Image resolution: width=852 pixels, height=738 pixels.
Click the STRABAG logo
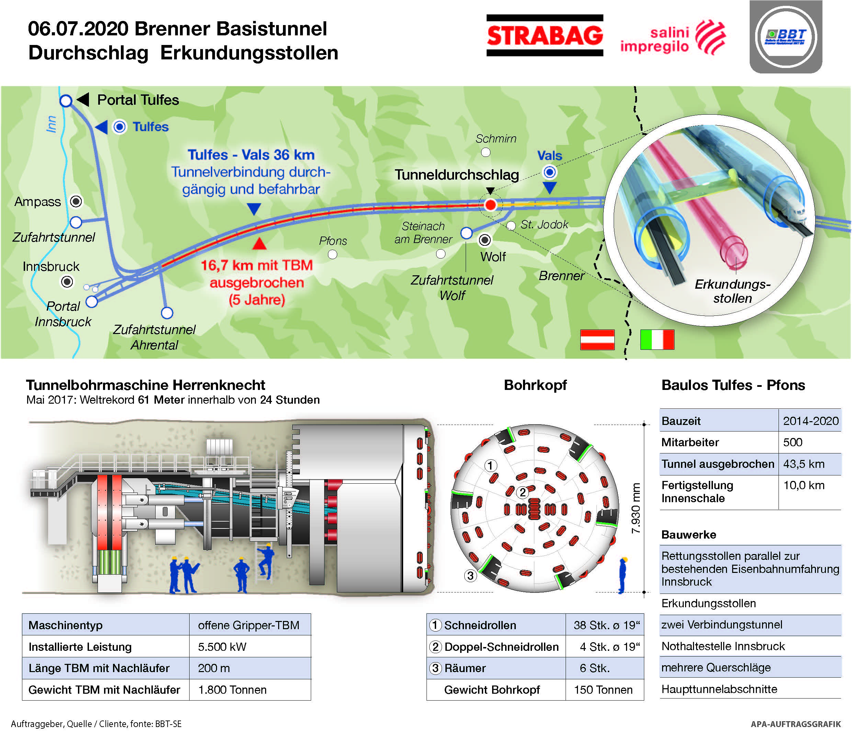click(545, 35)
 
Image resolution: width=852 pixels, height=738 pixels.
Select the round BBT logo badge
click(786, 37)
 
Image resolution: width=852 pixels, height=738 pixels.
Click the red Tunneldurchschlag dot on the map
click(490, 204)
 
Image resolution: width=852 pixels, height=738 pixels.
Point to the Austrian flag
click(597, 340)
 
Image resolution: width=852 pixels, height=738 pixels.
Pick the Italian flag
click(657, 340)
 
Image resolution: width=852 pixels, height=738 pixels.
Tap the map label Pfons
click(333, 241)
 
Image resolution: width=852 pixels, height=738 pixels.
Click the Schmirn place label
click(496, 139)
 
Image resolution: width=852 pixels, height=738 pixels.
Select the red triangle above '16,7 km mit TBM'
click(259, 244)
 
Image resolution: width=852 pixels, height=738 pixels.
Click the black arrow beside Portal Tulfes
click(83, 99)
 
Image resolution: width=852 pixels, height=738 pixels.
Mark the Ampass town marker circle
click(76, 201)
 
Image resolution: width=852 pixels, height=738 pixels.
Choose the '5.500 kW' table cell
click(222, 647)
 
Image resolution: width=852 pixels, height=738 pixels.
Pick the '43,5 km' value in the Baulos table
click(804, 464)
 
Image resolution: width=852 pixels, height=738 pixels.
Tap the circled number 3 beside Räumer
click(435, 668)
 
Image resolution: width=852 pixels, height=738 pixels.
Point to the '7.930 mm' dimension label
click(636, 508)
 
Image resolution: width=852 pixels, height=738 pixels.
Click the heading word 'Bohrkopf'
click(535, 385)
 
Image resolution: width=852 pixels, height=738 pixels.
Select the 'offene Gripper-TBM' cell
click(248, 625)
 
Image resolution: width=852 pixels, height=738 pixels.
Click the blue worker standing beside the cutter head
click(623, 575)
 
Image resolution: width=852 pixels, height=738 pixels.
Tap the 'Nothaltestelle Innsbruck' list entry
click(723, 647)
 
